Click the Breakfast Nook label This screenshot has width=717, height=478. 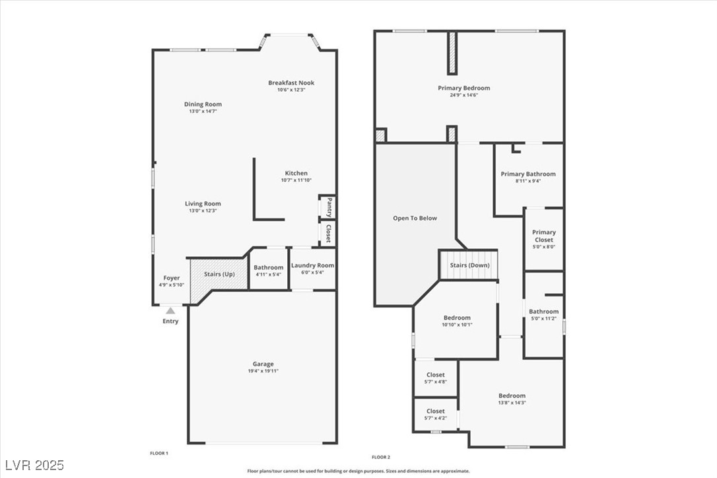point(291,83)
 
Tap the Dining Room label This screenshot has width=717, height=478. point(203,104)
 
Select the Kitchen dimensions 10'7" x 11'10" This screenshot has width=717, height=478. point(296,180)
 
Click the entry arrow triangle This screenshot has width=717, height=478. point(170,310)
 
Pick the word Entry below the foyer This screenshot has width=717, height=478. point(170,322)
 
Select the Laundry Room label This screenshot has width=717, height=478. point(312,265)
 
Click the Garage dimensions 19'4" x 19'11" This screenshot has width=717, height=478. point(263,371)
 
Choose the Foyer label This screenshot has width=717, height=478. point(172,278)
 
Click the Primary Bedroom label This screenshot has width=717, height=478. point(464,88)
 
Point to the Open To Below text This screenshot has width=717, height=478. point(415,218)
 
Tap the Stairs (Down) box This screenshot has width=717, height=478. point(469,265)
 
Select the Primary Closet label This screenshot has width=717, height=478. point(544,236)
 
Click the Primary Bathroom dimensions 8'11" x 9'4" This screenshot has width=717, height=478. point(528,181)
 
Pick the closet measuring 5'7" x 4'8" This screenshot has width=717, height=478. point(436,378)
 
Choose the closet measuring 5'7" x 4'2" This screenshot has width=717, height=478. point(436,414)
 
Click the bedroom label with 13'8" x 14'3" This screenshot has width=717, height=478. point(512,395)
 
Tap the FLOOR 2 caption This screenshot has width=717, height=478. point(381,457)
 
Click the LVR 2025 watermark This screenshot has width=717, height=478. point(33,465)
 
